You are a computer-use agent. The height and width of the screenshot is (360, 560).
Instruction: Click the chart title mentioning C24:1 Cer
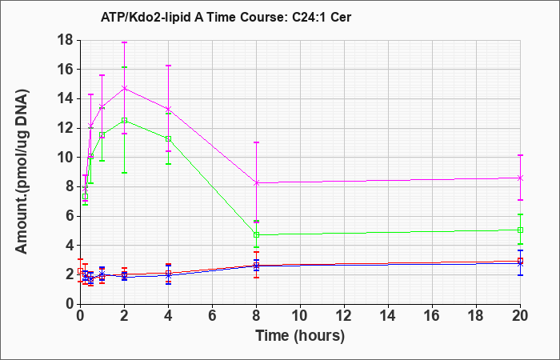[226, 17]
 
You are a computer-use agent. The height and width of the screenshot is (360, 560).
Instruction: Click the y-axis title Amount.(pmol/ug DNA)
[22, 171]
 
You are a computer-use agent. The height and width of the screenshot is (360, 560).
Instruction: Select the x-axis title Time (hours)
[300, 336]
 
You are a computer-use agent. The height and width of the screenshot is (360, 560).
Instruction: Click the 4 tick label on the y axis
[70, 246]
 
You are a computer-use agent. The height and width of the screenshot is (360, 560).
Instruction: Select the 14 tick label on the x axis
[388, 315]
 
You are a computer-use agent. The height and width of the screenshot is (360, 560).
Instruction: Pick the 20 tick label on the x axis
[520, 315]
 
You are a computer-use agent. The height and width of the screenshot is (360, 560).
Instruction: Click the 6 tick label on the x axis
[213, 315]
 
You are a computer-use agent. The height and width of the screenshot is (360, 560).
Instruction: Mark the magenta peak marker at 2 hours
[124, 88]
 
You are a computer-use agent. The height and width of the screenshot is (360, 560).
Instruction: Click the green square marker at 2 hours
[124, 120]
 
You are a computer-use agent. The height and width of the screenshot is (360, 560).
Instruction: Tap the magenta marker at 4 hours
[168, 109]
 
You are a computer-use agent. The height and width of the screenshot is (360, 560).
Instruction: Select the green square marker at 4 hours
[168, 138]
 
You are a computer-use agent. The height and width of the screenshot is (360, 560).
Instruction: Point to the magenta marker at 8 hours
[257, 183]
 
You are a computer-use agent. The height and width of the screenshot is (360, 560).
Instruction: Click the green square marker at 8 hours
[257, 234]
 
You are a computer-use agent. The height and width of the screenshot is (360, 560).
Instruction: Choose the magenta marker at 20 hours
[520, 178]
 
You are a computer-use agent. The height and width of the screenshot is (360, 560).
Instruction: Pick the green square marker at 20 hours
[520, 230]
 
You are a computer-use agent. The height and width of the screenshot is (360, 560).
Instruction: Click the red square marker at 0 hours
[80, 270]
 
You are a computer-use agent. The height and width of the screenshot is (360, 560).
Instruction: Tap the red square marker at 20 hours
[520, 261]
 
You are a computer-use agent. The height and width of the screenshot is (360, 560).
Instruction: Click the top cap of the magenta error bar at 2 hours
[124, 42]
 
